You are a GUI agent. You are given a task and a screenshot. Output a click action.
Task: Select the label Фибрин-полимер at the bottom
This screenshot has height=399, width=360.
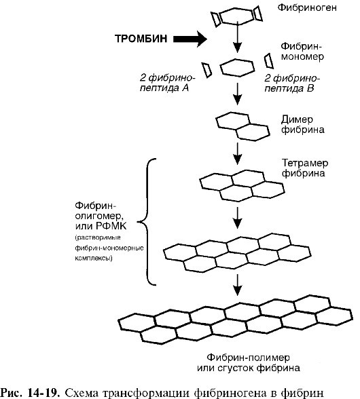(x=253, y=358)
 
